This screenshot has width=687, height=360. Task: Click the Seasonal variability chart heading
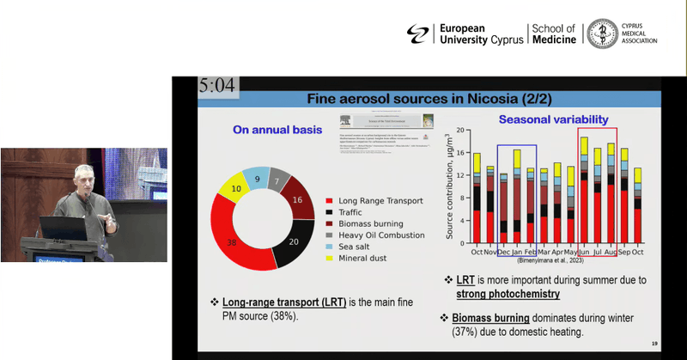[550, 119]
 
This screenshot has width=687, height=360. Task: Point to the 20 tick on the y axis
[459, 131]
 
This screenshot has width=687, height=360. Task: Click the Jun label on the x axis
[584, 252]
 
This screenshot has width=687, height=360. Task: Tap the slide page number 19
[654, 344]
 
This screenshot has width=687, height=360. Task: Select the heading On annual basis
[277, 131]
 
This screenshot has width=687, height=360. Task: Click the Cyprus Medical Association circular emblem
[603, 34]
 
